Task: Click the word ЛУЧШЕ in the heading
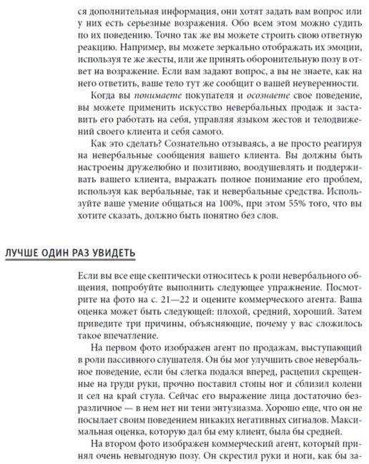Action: [22, 254]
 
